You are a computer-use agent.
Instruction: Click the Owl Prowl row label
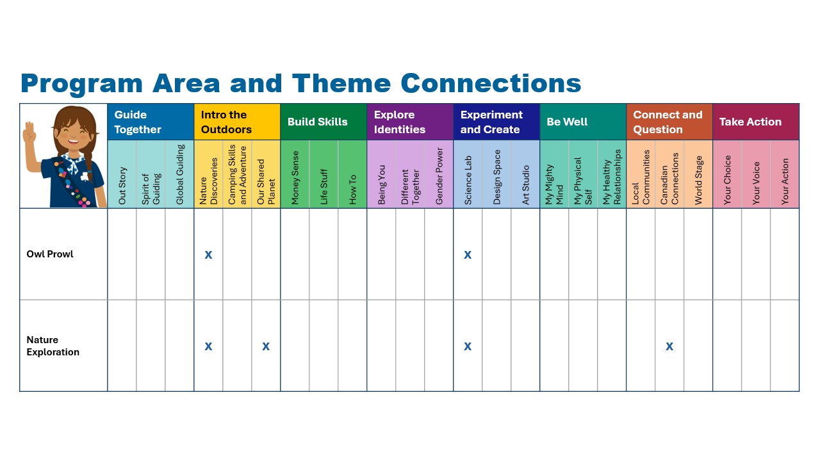[x=50, y=254]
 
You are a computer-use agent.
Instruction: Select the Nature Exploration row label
[x=53, y=346]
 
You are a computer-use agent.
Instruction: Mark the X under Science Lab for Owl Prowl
[x=468, y=255]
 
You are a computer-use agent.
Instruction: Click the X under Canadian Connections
[x=669, y=346]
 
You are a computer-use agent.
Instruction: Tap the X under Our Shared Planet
[x=266, y=346]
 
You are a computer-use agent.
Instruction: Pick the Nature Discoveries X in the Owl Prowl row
[x=208, y=255]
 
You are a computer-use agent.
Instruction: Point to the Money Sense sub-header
[x=295, y=177]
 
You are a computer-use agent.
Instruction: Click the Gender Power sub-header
[x=439, y=176]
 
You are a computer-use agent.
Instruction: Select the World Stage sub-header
[x=698, y=180]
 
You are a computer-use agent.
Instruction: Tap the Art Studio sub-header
[x=525, y=185]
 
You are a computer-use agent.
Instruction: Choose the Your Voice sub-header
[x=756, y=183]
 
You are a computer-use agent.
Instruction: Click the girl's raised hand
[x=29, y=133]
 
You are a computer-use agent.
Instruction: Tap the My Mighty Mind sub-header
[x=554, y=184]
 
